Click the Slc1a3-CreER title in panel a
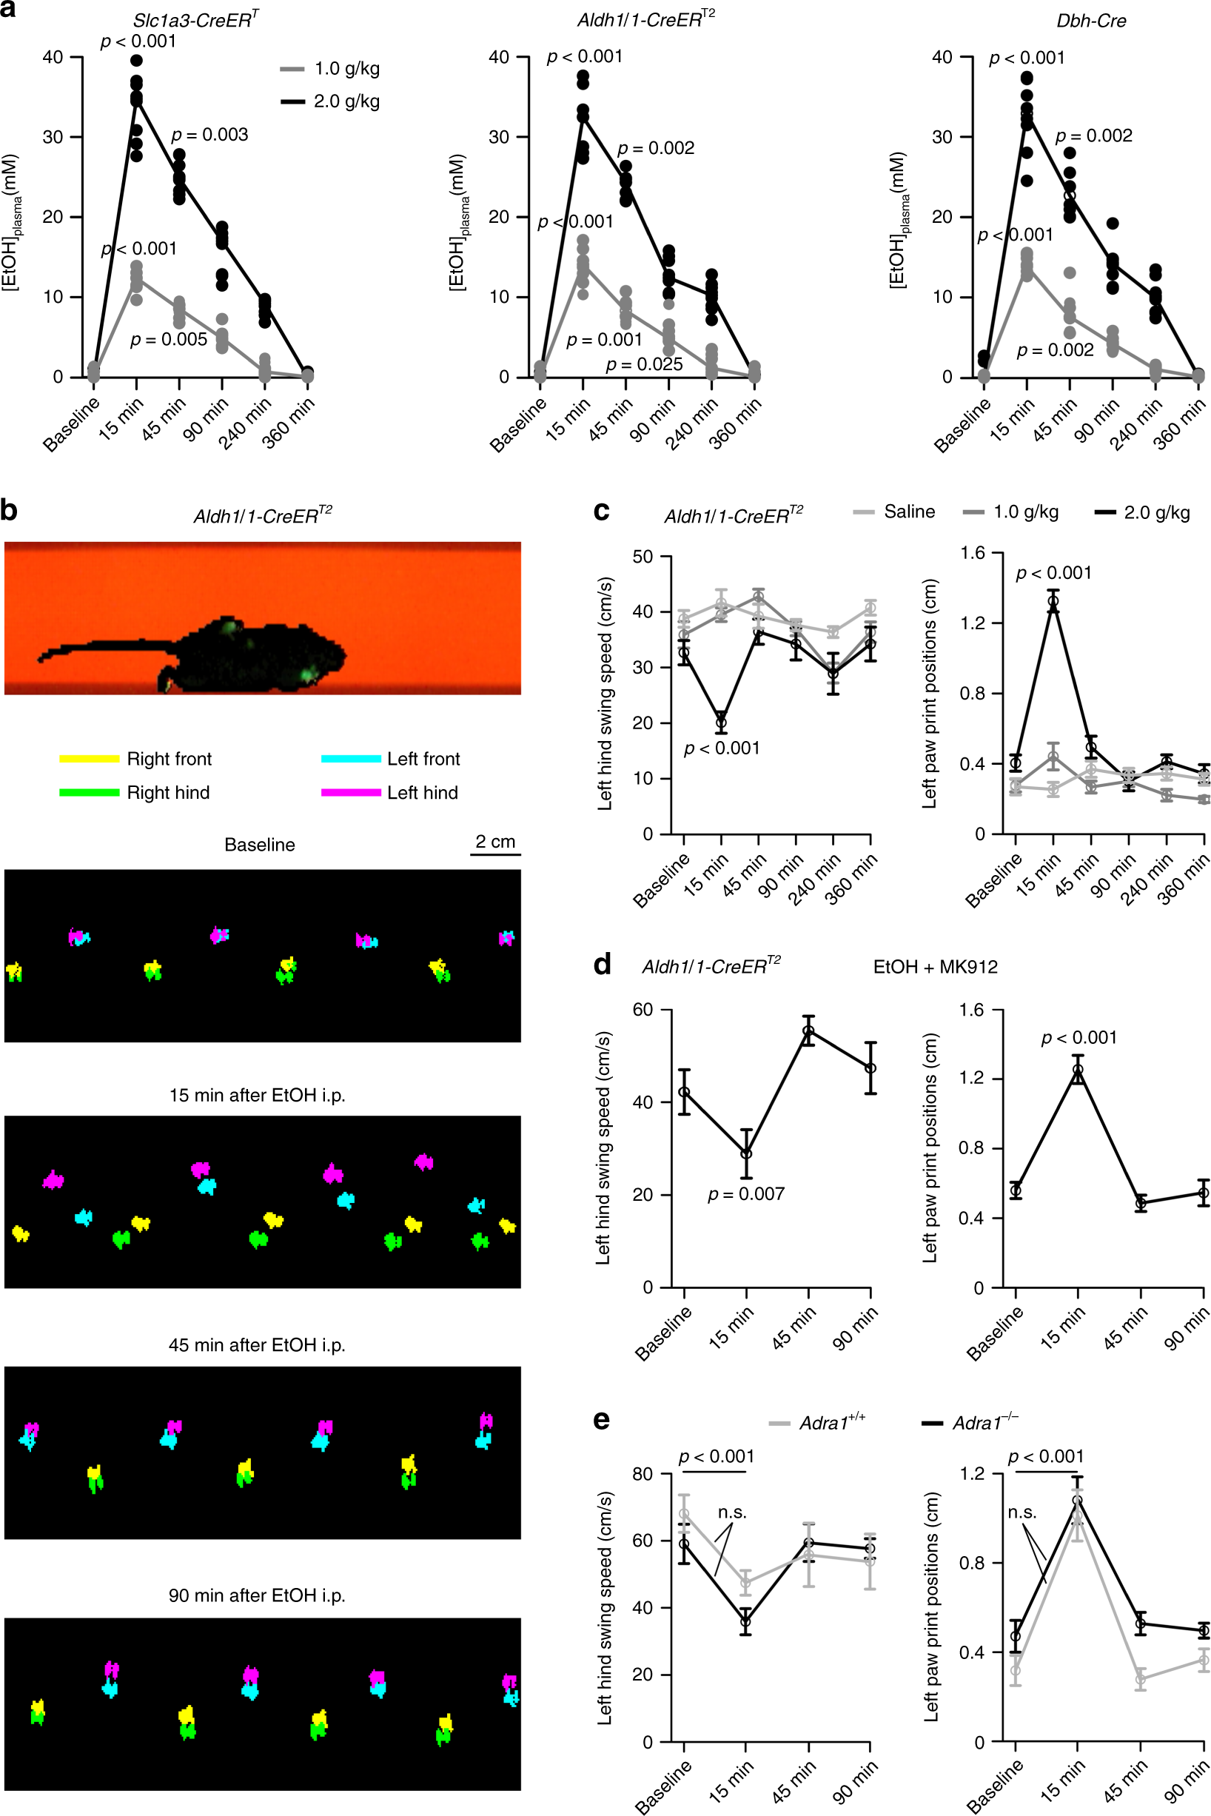point(195,21)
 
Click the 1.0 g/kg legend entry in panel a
point(330,69)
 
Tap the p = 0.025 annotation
point(644,363)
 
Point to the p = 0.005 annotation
point(168,339)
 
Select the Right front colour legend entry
point(136,759)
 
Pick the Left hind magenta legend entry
point(390,793)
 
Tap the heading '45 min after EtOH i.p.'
point(257,1345)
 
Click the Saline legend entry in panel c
point(894,512)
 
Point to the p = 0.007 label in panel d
point(745,1194)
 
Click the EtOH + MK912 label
point(936,967)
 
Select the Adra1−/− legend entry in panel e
point(972,1423)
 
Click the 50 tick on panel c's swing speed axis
point(643,556)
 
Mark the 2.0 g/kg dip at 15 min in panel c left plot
point(720,723)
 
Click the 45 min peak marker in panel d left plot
point(808,1031)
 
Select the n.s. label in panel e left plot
point(731,1512)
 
